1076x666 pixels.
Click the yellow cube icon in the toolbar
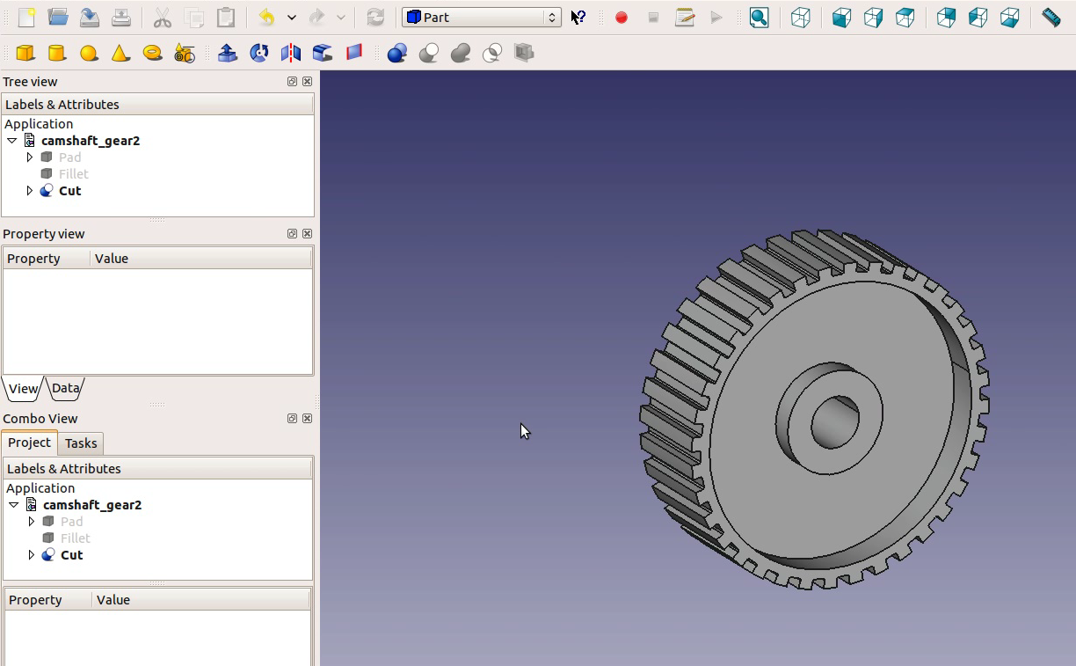[25, 54]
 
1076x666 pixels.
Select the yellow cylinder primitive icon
[57, 54]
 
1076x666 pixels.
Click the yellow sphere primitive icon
[89, 54]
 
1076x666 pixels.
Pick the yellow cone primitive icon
[120, 54]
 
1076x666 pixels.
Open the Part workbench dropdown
[481, 18]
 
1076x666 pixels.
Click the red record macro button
[622, 18]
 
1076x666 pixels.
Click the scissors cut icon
[163, 18]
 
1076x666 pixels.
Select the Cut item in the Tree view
[69, 191]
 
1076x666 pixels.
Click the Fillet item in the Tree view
[73, 174]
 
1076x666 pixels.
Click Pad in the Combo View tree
[71, 522]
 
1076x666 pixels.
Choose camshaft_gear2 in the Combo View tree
[91, 505]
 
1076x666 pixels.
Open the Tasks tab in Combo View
[81, 443]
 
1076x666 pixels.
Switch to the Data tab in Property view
[66, 388]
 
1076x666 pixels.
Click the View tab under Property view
[23, 388]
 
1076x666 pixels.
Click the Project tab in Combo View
[29, 443]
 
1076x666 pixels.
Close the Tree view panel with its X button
[307, 82]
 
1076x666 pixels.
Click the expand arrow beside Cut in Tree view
[30, 191]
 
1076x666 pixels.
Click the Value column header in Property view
[112, 259]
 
